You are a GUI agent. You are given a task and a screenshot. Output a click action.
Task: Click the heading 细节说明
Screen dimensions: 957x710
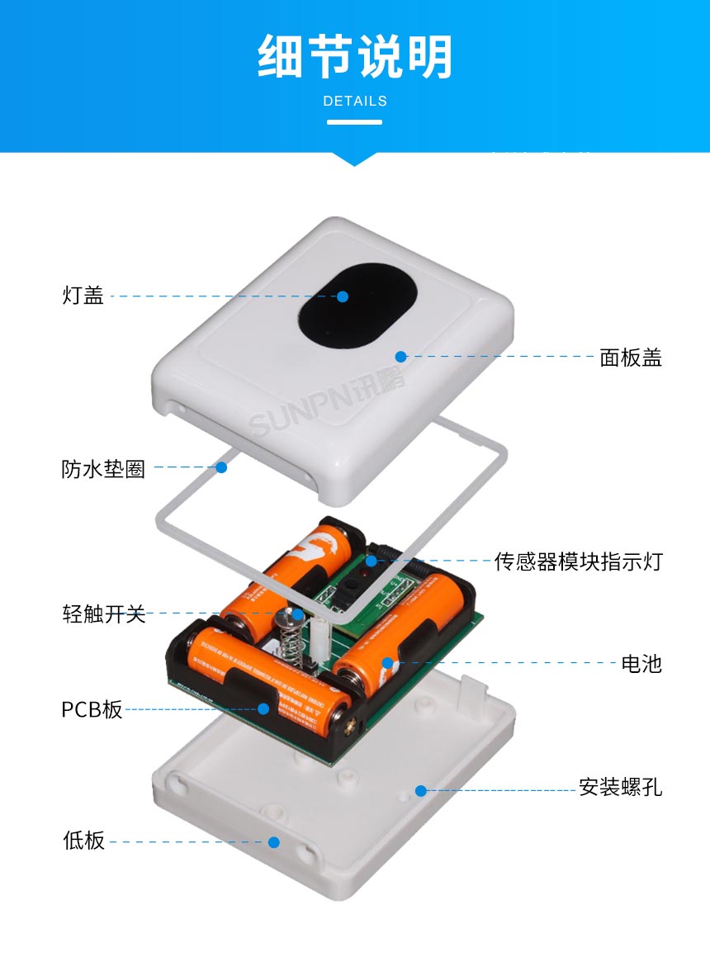point(355,58)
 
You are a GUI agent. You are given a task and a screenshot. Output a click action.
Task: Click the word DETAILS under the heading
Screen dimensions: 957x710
point(355,102)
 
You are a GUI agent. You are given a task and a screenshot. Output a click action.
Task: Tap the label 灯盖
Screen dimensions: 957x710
point(83,296)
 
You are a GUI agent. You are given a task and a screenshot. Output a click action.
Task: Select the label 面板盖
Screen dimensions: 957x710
point(631,357)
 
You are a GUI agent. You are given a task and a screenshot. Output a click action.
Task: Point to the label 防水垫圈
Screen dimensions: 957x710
point(103,468)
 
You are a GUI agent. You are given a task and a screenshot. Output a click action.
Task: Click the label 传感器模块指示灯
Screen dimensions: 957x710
point(578,561)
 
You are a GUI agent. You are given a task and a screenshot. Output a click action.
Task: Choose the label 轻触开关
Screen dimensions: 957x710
point(103,614)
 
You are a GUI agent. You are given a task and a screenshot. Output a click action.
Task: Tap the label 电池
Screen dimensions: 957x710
point(641,663)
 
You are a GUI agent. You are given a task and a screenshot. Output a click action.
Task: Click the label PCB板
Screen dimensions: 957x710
point(92,709)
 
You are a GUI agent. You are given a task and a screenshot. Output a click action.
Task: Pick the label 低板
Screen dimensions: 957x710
point(83,841)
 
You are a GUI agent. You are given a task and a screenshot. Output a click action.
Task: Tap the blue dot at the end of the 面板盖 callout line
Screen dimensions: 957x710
point(400,357)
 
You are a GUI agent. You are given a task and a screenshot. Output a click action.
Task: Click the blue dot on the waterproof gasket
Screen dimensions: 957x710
point(221,467)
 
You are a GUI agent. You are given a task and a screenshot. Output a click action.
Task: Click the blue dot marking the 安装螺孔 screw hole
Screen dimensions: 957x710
point(420,790)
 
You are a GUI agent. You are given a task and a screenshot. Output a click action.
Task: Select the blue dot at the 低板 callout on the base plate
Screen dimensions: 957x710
point(273,841)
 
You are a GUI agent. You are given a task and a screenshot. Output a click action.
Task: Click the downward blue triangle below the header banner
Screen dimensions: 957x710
point(355,159)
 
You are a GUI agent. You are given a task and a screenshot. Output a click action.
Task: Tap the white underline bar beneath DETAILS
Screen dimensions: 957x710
point(355,122)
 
